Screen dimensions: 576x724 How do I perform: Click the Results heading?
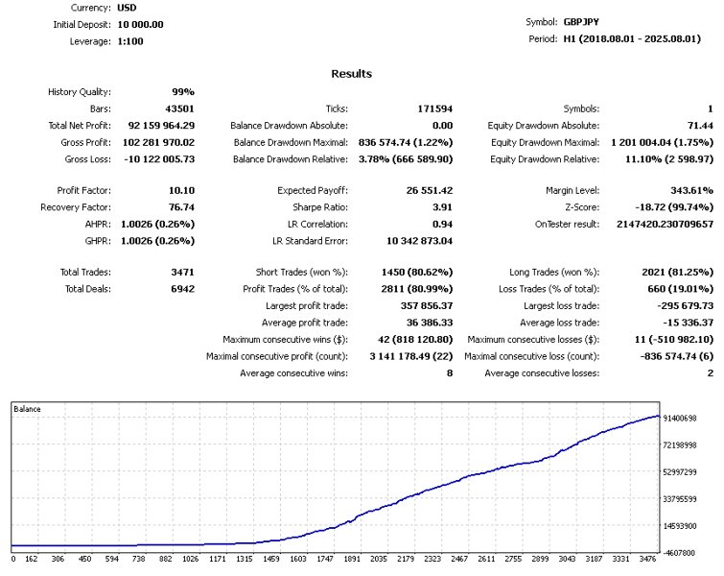(x=351, y=74)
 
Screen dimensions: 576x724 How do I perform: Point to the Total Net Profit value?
(x=157, y=126)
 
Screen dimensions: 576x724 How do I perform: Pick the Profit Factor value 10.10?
(x=181, y=190)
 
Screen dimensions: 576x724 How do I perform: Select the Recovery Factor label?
(x=76, y=206)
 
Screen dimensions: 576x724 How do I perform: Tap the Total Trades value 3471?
(x=182, y=273)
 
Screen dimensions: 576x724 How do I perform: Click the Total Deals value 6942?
(x=182, y=289)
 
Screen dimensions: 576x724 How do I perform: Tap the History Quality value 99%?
(x=183, y=92)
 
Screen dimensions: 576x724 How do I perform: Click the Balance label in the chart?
(x=27, y=410)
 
